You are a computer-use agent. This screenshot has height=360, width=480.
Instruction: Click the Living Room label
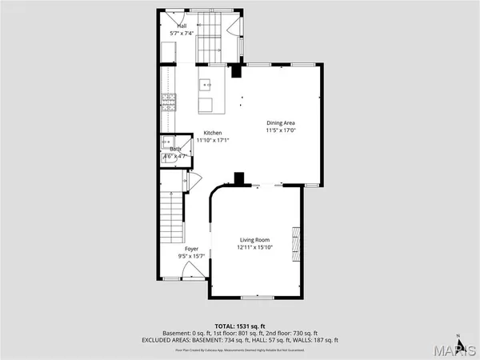click(x=253, y=240)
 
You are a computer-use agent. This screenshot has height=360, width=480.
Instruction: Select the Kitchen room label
click(x=213, y=133)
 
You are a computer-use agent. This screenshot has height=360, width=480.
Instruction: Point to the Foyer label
click(x=192, y=249)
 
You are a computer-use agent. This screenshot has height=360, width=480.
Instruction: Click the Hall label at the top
click(x=182, y=26)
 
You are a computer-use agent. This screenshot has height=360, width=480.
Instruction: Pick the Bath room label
click(x=175, y=149)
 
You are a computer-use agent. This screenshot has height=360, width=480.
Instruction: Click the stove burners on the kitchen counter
click(x=169, y=102)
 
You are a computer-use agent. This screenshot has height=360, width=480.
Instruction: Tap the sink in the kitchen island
click(x=206, y=82)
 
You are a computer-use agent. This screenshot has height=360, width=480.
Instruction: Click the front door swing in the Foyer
click(x=186, y=272)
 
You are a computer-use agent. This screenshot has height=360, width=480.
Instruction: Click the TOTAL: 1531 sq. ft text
click(x=240, y=326)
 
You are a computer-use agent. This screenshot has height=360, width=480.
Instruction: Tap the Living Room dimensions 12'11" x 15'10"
click(x=254, y=248)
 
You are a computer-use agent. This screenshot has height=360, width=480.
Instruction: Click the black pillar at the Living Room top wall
click(x=238, y=178)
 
